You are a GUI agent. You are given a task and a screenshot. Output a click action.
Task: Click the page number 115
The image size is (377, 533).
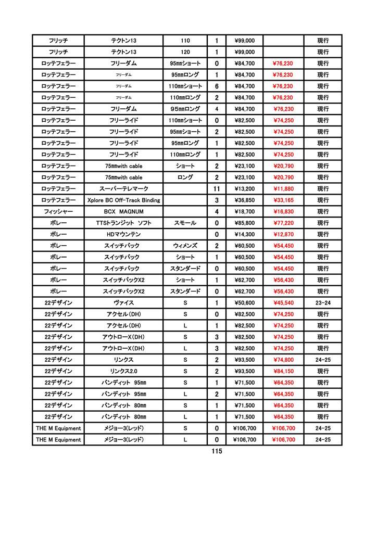217,451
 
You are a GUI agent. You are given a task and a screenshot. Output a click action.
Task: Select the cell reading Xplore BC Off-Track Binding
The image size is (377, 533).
123,200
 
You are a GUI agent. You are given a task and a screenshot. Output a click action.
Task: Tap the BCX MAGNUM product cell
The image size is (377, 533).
123,212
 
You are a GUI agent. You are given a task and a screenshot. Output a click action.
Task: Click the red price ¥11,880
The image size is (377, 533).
283,189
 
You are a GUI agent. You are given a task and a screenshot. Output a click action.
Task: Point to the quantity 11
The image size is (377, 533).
217,189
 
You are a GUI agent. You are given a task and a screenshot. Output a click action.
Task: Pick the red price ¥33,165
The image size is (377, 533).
283,200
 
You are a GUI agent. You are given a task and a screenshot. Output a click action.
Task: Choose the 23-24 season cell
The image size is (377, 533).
323,302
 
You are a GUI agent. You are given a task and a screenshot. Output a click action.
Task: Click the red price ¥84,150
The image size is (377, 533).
283,371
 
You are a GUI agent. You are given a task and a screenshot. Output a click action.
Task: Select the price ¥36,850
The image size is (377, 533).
244,200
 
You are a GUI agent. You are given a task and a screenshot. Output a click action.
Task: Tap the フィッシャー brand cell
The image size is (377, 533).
58,212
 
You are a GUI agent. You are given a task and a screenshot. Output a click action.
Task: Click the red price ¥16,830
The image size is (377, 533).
283,212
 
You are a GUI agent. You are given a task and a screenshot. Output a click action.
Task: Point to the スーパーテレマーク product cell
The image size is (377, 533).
123,189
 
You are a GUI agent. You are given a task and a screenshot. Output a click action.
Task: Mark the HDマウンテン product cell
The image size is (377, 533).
123,235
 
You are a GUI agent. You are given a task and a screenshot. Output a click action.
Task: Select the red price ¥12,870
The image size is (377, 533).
283,235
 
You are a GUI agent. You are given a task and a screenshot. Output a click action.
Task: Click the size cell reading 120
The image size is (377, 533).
185,52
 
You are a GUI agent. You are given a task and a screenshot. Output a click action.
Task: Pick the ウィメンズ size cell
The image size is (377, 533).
185,246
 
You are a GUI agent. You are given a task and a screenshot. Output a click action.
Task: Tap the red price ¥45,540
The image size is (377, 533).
283,302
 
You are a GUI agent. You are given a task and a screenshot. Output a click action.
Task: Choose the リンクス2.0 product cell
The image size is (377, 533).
123,371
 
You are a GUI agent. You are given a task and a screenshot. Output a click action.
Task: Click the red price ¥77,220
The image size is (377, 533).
283,223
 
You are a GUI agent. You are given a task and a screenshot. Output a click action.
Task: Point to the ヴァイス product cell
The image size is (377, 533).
123,302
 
